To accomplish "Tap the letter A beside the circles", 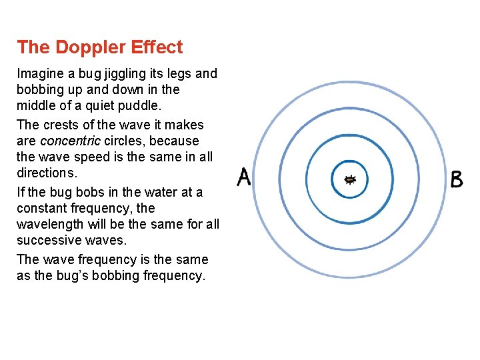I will pyautogui.click(x=245, y=177).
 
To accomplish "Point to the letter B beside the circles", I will pyautogui.click(x=457, y=179).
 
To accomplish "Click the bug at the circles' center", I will pyautogui.click(x=350, y=179).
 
